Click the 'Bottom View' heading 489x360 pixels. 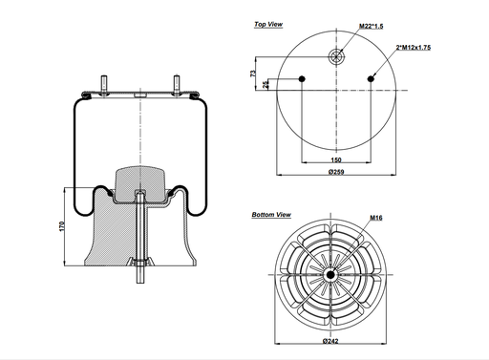(270, 216)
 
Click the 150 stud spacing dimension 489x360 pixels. (335, 160)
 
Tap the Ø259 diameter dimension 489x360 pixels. (335, 181)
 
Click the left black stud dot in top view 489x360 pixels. (302, 78)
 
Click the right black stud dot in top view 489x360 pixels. (369, 78)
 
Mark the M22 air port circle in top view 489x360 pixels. (335, 55)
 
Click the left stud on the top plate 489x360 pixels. (98, 83)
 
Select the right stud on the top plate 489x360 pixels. (178, 83)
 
